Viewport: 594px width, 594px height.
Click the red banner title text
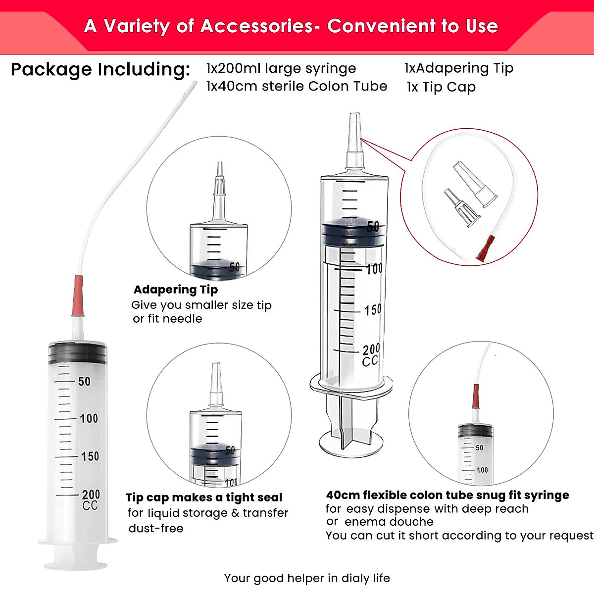coord(291,26)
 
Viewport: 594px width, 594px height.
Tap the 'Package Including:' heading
coord(100,69)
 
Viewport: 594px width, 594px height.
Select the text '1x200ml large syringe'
coord(281,68)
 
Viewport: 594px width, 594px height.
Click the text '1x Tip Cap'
coord(441,87)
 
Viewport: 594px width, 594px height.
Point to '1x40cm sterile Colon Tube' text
coord(297,86)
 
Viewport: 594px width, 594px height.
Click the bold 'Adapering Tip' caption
coord(176,290)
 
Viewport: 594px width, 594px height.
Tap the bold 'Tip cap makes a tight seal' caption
coord(204,497)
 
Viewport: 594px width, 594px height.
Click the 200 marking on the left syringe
coord(91,494)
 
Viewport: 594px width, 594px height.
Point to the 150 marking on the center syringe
coord(373,310)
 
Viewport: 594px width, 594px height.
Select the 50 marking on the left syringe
coord(84,381)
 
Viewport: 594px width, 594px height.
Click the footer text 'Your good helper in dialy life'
coord(307,578)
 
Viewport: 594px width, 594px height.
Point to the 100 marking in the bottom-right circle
coord(482,470)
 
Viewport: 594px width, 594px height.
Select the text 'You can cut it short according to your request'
coord(459,536)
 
